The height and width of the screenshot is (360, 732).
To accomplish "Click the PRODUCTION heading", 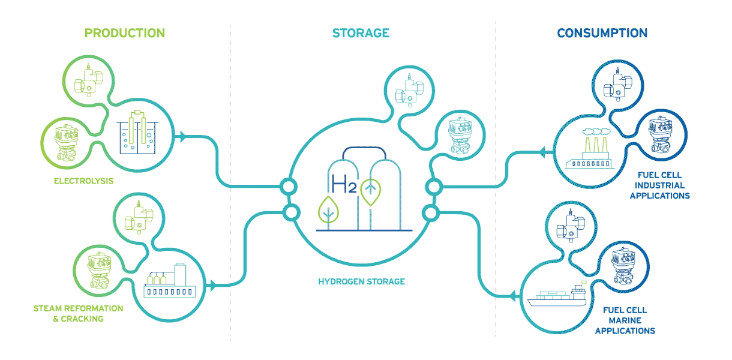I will click(x=124, y=33).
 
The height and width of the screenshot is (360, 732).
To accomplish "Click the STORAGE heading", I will click(x=361, y=33).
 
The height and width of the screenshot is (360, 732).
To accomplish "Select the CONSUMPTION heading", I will click(x=602, y=33).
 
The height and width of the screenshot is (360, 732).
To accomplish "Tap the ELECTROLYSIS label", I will click(x=83, y=180).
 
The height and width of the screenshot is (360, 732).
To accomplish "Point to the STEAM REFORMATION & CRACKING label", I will click(x=78, y=313).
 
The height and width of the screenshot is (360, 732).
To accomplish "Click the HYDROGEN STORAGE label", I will click(x=361, y=281).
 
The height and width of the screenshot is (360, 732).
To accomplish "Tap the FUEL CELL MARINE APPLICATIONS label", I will click(x=628, y=320).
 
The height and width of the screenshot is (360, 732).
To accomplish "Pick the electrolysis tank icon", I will click(x=137, y=133).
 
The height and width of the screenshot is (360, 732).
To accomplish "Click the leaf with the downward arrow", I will click(x=328, y=209).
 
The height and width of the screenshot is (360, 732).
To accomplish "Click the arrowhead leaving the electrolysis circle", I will click(x=182, y=137).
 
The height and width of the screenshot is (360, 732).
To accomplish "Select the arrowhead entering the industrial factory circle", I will click(x=543, y=154).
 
